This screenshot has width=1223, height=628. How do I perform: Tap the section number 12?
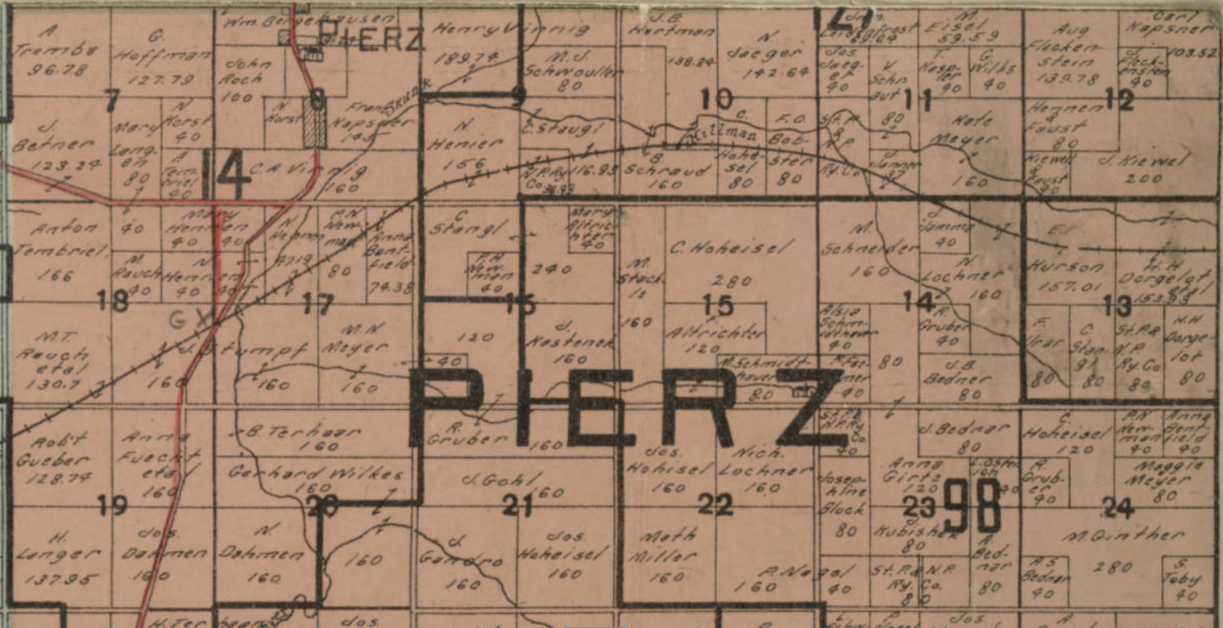[1119, 100]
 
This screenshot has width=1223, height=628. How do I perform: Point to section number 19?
[111, 506]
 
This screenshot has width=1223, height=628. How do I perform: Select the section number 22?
[715, 505]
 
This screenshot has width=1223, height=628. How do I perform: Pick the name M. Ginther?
[1124, 535]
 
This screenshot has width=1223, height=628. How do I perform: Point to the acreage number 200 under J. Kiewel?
[1143, 179]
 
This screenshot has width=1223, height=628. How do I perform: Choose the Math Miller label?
[666, 546]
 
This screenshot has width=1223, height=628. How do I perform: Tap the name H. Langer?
[57, 546]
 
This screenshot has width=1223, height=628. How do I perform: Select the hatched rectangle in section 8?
[314, 122]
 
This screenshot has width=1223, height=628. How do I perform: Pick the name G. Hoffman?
[162, 46]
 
